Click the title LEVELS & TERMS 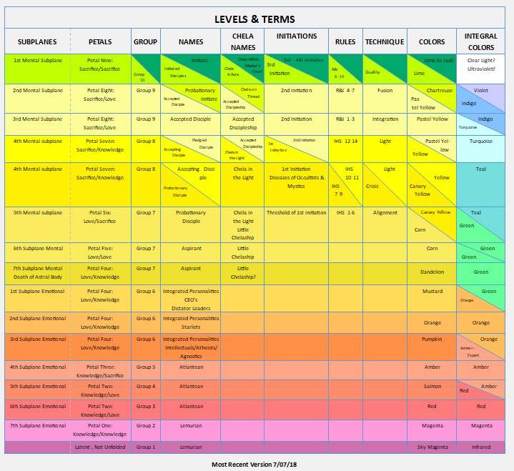click(254, 19)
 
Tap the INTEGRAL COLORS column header click(480, 41)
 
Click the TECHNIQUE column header click(384, 42)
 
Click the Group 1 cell click(145, 447)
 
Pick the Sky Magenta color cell click(432, 447)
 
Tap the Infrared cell click(480, 447)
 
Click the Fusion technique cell click(385, 91)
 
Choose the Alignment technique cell click(385, 212)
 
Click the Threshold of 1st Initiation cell click(296, 212)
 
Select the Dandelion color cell click(432, 272)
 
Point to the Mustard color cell click(432, 291)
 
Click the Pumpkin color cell click(432, 339)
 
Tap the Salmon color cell click(432, 386)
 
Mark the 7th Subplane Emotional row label click(38, 425)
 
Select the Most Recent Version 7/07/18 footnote click(254, 464)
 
